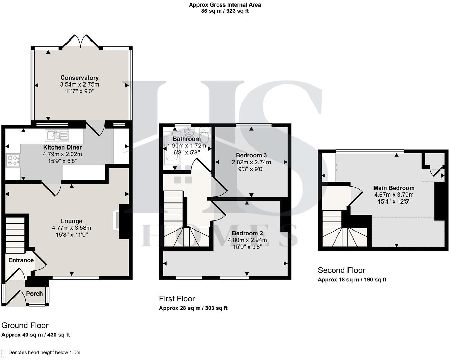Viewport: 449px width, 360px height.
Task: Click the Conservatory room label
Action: pyautogui.click(x=79, y=78)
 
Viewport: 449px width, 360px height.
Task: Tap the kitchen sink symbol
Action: pyautogui.click(x=57, y=135)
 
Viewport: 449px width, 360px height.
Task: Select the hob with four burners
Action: pyautogui.click(x=13, y=160)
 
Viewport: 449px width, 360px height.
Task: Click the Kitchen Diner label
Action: pyautogui.click(x=62, y=147)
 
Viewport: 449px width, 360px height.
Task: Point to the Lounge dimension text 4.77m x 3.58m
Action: pyautogui.click(x=71, y=228)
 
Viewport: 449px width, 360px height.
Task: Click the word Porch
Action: pyautogui.click(x=35, y=294)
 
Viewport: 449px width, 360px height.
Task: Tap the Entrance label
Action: pyautogui.click(x=21, y=260)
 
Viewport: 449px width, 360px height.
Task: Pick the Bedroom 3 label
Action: pyautogui.click(x=251, y=155)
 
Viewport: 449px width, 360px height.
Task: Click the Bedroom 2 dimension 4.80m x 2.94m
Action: pyautogui.click(x=247, y=240)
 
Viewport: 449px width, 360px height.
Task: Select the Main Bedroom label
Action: pyautogui.click(x=394, y=188)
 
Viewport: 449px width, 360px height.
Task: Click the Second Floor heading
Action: pyautogui.click(x=341, y=270)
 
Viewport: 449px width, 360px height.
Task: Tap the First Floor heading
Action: pyautogui.click(x=177, y=299)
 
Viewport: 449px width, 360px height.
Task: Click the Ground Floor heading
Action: pyautogui.click(x=25, y=325)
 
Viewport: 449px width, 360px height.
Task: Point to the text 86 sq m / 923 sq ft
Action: pyautogui.click(x=224, y=11)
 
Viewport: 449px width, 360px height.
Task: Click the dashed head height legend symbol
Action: pyautogui.click(x=3, y=353)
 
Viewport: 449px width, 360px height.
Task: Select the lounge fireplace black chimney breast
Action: pyautogui.click(x=123, y=222)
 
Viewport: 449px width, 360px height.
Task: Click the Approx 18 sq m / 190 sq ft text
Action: pyautogui.click(x=352, y=280)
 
